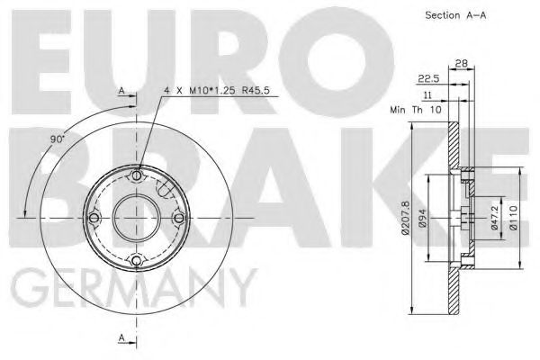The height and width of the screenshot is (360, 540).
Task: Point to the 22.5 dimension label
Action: [430, 77]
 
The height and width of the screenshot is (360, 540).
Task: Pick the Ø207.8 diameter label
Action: [408, 218]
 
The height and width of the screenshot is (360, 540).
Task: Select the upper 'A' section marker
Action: [121, 91]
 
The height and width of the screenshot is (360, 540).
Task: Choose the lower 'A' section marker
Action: [121, 337]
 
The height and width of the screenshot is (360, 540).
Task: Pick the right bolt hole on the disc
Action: [178, 218]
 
